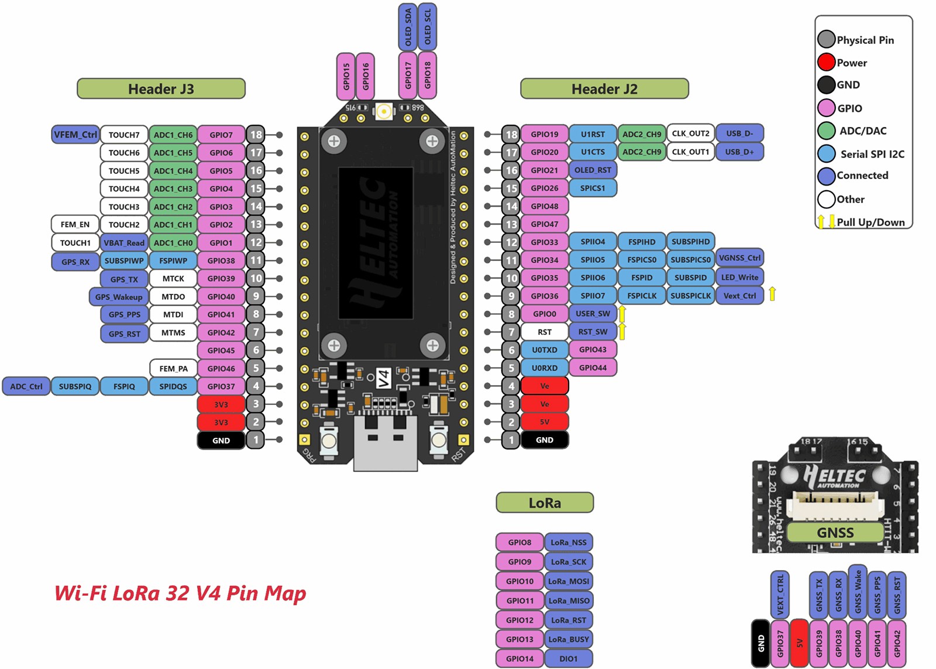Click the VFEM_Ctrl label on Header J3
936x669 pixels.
coord(75,135)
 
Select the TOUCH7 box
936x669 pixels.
coord(124,135)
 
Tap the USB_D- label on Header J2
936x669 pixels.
coord(739,133)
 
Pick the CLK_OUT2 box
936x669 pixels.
coord(690,133)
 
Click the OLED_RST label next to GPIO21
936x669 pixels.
coord(593,170)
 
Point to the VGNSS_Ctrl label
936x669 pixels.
coord(739,258)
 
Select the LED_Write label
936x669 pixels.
coord(739,277)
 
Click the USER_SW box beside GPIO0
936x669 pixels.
coord(593,314)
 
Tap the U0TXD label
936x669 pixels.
coord(544,350)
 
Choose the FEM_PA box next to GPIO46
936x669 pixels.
coord(173,368)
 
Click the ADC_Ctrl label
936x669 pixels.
coord(26,386)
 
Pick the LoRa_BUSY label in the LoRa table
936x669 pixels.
coord(568,639)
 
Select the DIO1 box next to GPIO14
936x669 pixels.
coord(568,658)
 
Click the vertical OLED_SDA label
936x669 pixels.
coord(408,26)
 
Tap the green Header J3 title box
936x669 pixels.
coord(161,89)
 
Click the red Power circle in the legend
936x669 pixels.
coord(826,62)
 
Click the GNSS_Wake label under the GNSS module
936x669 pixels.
coord(858,592)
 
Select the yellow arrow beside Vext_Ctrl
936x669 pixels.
coord(772,294)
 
